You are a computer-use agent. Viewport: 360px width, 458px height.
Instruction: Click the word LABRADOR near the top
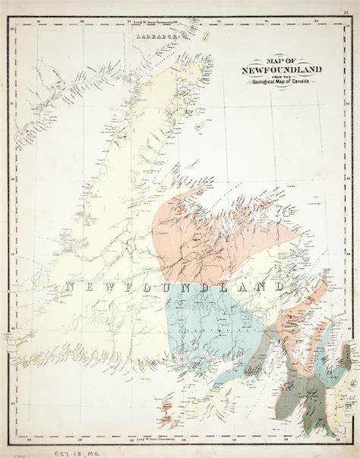156,36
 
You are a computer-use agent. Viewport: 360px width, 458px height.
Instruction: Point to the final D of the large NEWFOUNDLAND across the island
279,286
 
